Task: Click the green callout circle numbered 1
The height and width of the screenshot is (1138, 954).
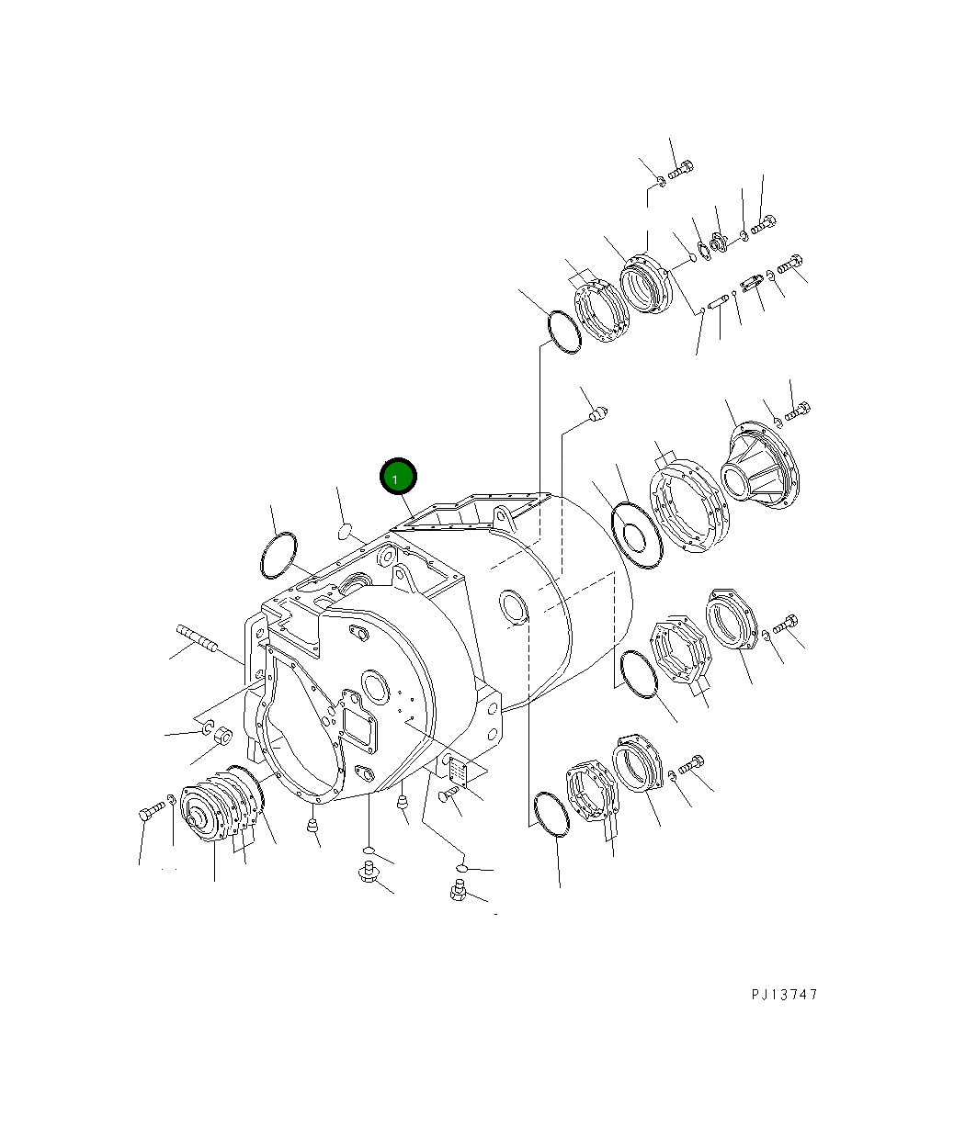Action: click(398, 478)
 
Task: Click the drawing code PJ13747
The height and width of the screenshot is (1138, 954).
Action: click(783, 994)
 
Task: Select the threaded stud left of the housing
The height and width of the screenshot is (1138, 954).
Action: click(196, 637)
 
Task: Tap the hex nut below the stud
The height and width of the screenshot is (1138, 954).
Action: click(221, 736)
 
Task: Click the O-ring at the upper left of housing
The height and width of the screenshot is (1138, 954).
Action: click(278, 556)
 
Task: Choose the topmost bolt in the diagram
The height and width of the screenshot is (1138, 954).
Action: click(681, 169)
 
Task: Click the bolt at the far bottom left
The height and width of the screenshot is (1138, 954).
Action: click(152, 812)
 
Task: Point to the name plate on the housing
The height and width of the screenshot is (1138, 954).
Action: click(458, 772)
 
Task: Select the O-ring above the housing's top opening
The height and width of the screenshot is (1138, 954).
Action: click(563, 332)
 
